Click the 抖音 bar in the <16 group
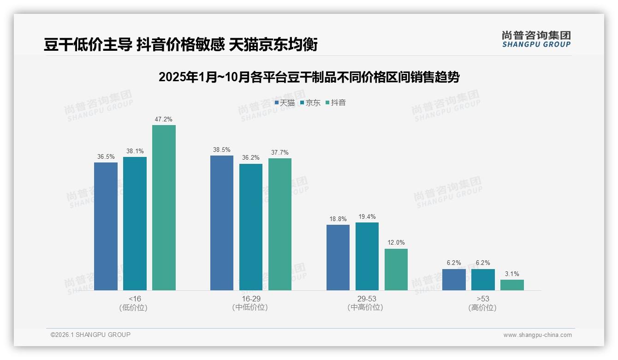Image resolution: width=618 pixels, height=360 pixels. (x=164, y=208)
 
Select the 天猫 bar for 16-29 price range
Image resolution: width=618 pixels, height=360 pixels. (x=222, y=223)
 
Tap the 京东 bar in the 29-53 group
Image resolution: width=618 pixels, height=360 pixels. (x=367, y=256)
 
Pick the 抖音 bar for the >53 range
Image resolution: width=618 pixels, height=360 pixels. (x=512, y=285)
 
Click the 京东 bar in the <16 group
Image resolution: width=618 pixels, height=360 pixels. (x=135, y=223)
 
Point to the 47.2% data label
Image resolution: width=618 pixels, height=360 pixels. (x=164, y=119)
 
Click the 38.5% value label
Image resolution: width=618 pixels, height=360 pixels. (x=222, y=150)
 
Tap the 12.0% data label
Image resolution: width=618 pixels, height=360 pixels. (x=396, y=243)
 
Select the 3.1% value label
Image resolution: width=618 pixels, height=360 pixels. (x=512, y=274)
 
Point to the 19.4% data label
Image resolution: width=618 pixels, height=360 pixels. (x=367, y=216)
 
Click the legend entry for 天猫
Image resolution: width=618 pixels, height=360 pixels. (x=285, y=102)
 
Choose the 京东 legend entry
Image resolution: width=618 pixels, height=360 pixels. (x=310, y=102)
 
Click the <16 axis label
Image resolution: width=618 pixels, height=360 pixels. (x=135, y=299)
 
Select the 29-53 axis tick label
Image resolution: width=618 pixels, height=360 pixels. (x=367, y=299)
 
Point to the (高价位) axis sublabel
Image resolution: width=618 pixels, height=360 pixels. (x=483, y=307)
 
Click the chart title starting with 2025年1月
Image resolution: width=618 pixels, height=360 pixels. (x=309, y=77)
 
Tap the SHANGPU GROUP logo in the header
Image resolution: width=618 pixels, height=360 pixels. (x=536, y=39)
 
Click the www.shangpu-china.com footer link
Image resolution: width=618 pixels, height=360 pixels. (x=537, y=335)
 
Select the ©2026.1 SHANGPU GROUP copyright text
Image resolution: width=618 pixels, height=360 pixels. (x=90, y=335)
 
